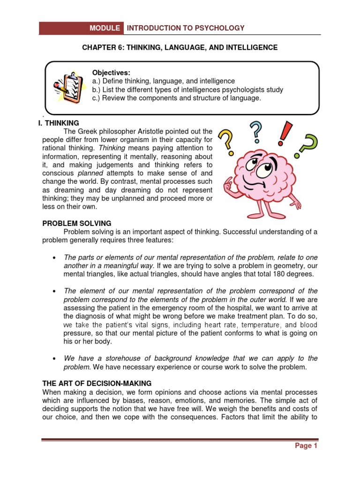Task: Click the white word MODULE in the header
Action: (105, 28)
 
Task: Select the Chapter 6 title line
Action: (180, 47)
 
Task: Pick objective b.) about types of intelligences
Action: (187, 90)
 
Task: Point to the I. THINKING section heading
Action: (60, 123)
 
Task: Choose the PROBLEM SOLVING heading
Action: (77, 223)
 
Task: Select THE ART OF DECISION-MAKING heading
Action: (97, 383)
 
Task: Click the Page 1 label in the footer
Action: (306, 446)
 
